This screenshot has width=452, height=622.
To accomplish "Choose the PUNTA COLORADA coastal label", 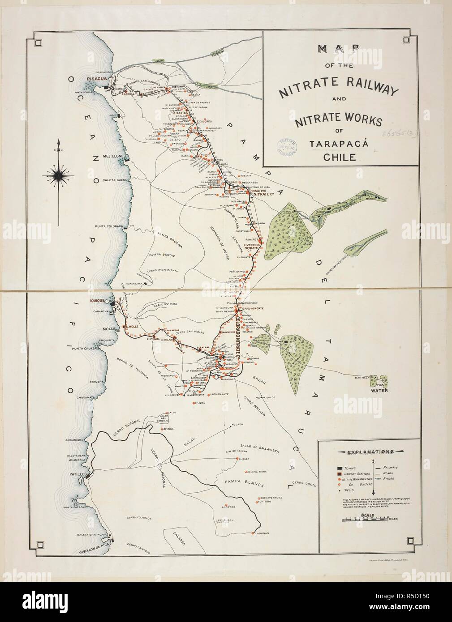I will click(x=109, y=226).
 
